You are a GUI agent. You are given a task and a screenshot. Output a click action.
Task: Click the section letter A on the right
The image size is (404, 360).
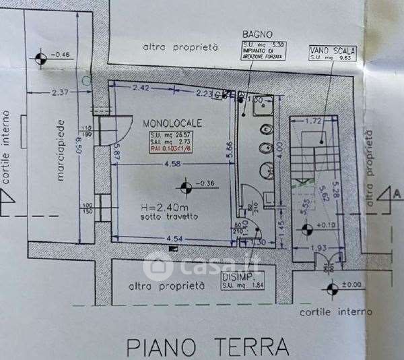pyautogui.click(x=397, y=193)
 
